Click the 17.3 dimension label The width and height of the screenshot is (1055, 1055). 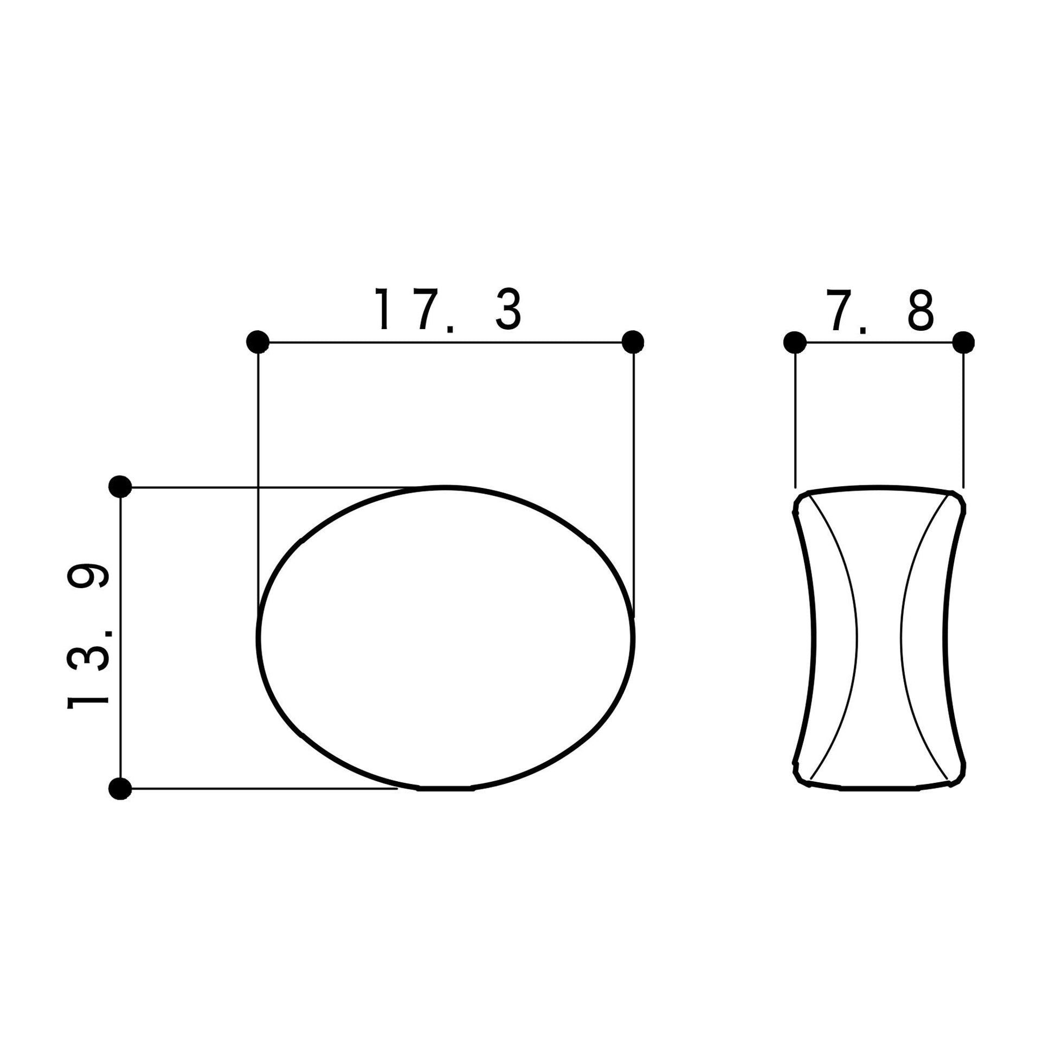pyautogui.click(x=448, y=310)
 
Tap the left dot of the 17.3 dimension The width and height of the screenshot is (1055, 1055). pyautogui.click(x=258, y=343)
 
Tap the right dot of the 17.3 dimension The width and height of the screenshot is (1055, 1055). pyautogui.click(x=633, y=343)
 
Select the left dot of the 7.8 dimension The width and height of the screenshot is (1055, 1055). pyautogui.click(x=795, y=343)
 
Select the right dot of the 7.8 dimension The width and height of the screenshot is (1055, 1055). pyautogui.click(x=963, y=343)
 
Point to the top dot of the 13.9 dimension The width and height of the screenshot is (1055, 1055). pyautogui.click(x=120, y=486)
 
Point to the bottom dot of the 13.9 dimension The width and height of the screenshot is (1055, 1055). pyautogui.click(x=120, y=788)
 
